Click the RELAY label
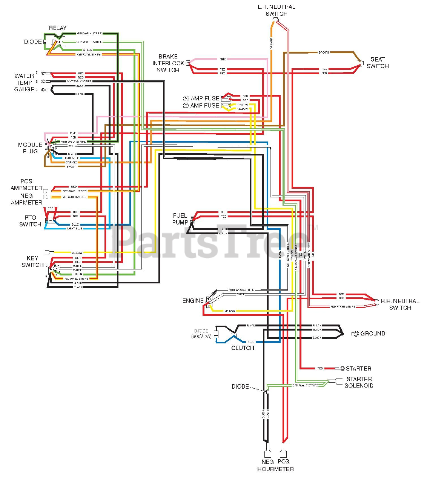click(58, 28)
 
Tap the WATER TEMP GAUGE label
click(24, 83)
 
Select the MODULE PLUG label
click(30, 148)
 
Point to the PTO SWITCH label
click(30, 221)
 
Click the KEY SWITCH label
click(32, 261)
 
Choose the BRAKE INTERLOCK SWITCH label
click(168, 63)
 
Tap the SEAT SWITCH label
click(377, 63)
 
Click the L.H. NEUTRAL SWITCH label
click(276, 10)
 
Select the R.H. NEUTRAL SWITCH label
click(400, 304)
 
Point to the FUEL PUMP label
click(180, 219)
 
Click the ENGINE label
click(193, 301)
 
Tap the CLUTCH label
click(243, 348)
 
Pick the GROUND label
click(373, 334)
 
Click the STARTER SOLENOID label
click(359, 382)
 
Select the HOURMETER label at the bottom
click(275, 469)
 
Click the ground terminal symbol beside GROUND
click(355, 334)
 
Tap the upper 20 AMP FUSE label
click(201, 98)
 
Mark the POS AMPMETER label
click(26, 185)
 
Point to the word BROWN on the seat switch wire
click(324, 52)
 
